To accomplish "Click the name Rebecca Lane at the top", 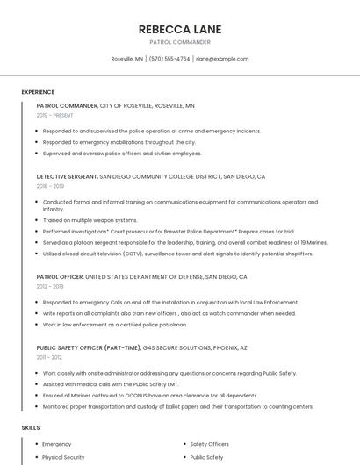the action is tap(180, 29).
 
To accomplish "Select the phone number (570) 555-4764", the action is tap(169, 59).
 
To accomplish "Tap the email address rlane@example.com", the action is tap(222, 59).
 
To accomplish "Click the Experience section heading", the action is tap(38, 92).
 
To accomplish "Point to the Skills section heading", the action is tap(31, 427).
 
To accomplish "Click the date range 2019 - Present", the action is tap(54, 115).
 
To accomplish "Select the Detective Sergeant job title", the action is tap(67, 176).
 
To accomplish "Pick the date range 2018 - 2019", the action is tap(50, 186).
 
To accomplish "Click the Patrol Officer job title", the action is tap(60, 276).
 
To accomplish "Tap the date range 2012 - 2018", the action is tap(50, 286).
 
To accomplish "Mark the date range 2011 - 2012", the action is tap(49, 357).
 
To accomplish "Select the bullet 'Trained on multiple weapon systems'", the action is tap(90, 220).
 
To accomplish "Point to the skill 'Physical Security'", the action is tap(63, 457).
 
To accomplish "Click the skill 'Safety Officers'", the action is tap(210, 444).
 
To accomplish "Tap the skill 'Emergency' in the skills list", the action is tap(57, 444).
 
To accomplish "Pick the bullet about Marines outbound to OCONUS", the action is tap(149, 396).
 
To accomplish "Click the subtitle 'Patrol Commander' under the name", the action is tap(180, 42).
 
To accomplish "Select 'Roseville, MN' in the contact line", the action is tap(127, 59).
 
